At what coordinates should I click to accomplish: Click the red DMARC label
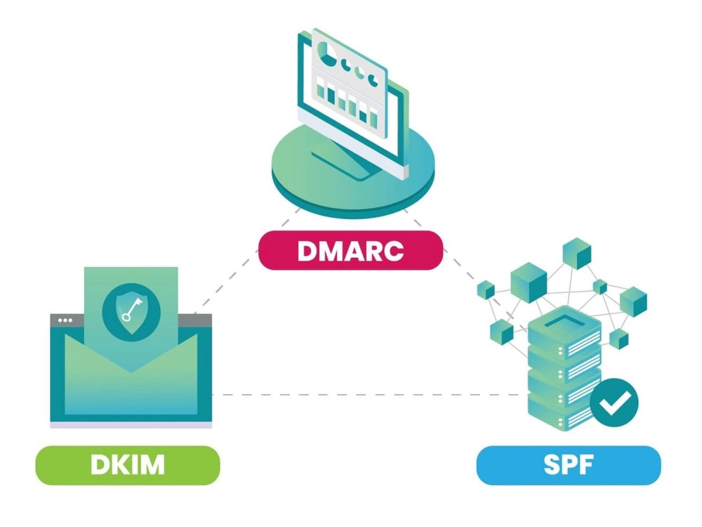click(x=350, y=250)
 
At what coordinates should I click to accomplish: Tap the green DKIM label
click(x=127, y=465)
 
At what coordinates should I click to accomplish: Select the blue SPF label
click(x=568, y=465)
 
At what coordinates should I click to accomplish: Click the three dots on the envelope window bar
click(x=65, y=320)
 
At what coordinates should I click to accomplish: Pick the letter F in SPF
click(x=590, y=465)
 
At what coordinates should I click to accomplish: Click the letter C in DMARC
click(x=395, y=250)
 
